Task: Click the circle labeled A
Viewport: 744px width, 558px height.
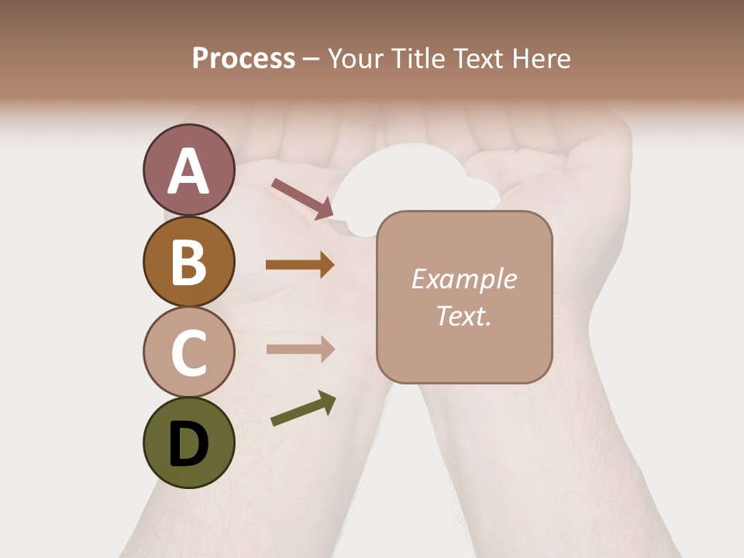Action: [188, 170]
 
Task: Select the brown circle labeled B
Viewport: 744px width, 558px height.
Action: [188, 261]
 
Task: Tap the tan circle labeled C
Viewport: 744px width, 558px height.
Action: [188, 352]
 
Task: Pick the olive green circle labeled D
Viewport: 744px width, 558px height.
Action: [188, 443]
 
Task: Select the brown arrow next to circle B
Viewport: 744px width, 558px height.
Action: [300, 265]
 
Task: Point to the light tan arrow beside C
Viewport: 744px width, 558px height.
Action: [300, 349]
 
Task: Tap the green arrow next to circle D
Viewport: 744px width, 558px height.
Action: [303, 408]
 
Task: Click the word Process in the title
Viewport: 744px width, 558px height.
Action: [243, 58]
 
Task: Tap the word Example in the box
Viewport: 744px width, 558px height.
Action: [463, 279]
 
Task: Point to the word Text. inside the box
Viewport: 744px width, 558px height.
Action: [463, 315]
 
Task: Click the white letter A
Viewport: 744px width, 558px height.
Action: [188, 171]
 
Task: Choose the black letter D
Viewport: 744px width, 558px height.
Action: [188, 444]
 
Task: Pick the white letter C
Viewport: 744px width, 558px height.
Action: [188, 353]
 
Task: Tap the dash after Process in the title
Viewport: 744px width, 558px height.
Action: [311, 60]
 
